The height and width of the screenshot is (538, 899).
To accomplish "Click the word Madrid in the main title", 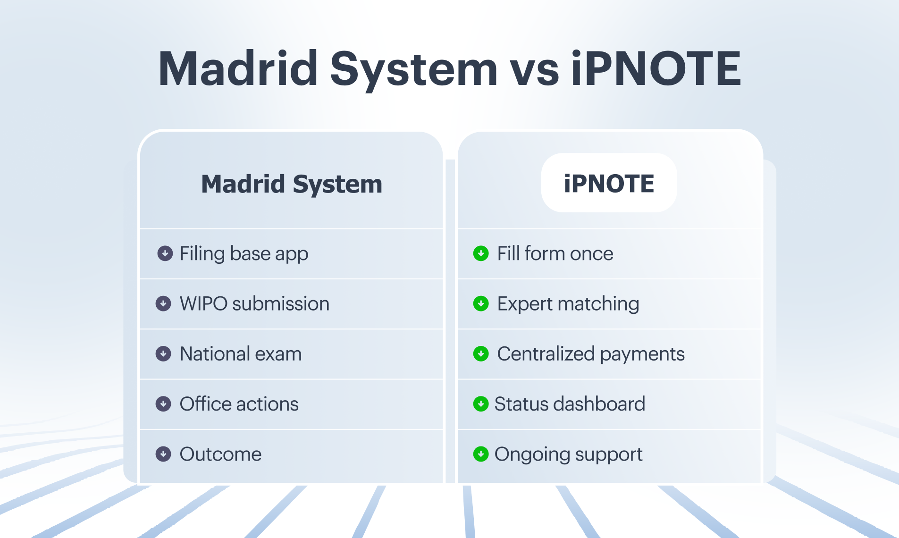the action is point(238,68).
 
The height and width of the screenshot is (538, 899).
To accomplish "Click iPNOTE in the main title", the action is point(656,68).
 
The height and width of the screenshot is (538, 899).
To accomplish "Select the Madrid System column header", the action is point(292,184).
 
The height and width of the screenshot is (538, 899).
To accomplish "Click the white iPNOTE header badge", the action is point(609,183).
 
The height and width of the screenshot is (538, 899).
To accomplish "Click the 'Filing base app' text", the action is point(244,254).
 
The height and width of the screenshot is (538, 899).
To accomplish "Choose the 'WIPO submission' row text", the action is point(254,303).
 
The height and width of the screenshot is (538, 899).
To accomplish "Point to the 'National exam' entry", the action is point(241,353).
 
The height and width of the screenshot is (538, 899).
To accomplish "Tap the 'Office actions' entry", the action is point(239,404).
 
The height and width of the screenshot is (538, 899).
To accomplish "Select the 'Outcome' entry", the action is point(220,454).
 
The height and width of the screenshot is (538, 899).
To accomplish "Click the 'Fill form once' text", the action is point(555,253).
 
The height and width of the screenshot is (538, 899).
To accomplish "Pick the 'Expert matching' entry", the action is point(568,304).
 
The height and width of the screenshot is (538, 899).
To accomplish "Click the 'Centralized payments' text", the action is point(591,354).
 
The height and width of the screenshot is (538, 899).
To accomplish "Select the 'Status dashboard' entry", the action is point(570,404).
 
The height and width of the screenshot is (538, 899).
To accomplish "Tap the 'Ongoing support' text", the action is point(568,454).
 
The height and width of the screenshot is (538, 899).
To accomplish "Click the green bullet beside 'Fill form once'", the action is point(481,253).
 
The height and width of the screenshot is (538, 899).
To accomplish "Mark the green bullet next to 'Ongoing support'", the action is point(481,454).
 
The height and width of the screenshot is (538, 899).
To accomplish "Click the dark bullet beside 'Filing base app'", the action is point(165,253).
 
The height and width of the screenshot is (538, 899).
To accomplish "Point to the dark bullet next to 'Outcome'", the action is point(163,454).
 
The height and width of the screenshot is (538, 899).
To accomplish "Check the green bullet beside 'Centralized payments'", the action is point(481,353).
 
